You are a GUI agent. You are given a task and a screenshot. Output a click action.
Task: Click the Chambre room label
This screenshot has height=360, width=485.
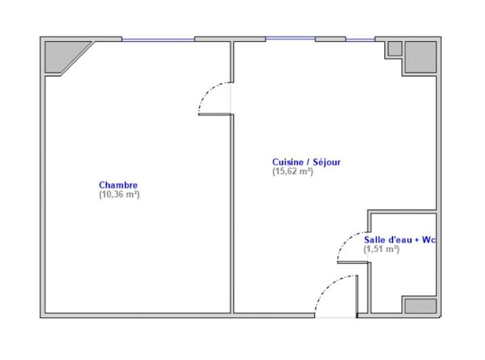118,185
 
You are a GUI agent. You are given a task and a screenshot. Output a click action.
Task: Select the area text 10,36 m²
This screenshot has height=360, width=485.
119,195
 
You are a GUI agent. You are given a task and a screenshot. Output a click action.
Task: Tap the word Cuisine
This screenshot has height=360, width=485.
287,162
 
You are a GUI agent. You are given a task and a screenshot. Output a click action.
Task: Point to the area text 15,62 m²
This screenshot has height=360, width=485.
293,171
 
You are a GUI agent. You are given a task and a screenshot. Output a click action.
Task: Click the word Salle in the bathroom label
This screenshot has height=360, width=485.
373,240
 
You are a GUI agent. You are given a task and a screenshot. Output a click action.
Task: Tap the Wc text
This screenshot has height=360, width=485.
430,240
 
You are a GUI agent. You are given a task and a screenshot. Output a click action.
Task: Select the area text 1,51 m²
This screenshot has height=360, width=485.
381,249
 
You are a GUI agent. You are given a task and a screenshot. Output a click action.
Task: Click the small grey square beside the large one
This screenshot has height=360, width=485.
394,48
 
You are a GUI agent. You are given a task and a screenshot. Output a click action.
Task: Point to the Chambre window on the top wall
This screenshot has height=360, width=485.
158,39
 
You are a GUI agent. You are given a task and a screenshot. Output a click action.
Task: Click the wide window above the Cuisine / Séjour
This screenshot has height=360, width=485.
290,39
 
